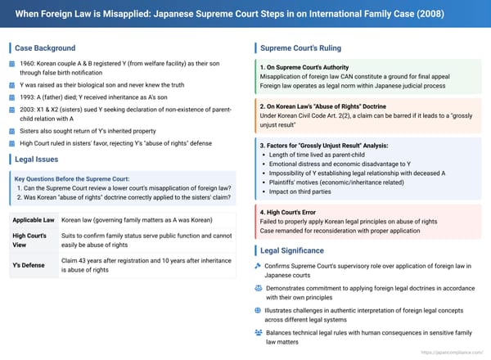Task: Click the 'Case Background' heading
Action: pos(44,47)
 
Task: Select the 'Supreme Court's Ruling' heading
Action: pos(301,47)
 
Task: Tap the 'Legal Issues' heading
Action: pos(38,159)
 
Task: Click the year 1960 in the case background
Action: pos(29,64)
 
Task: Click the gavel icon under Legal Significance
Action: pos(258,267)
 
